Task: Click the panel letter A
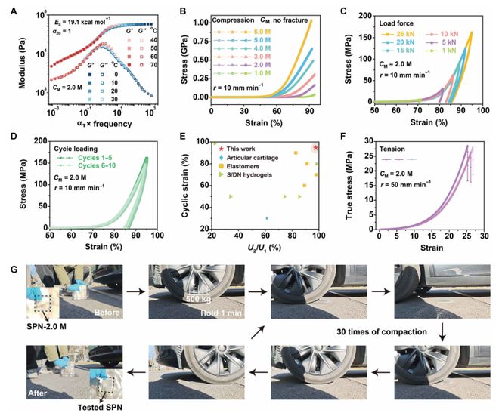pyautogui.click(x=7, y=8)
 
